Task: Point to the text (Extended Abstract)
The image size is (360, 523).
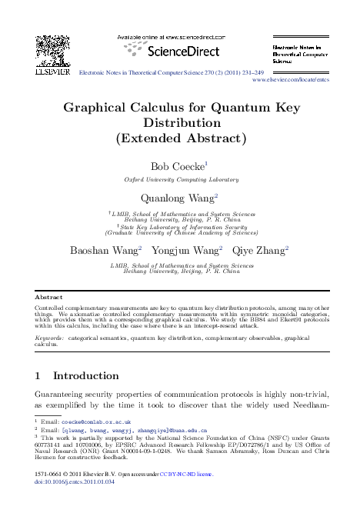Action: coord(181,140)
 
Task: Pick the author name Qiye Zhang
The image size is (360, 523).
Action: coord(260,250)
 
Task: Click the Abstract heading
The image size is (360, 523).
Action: coord(50,296)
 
